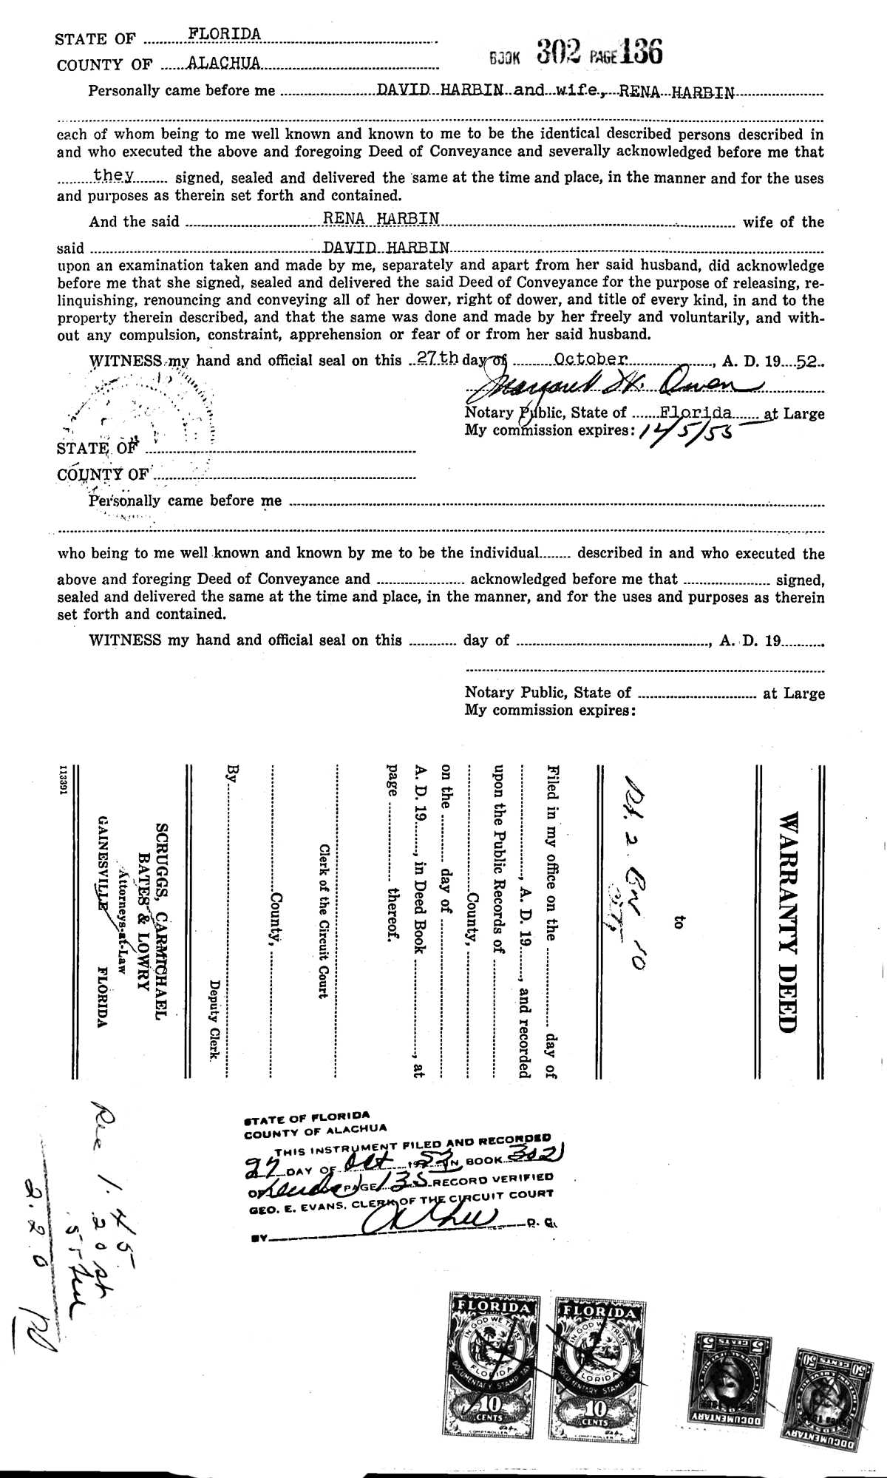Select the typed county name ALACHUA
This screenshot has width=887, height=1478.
coord(224,64)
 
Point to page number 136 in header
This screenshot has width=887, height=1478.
coord(642,52)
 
